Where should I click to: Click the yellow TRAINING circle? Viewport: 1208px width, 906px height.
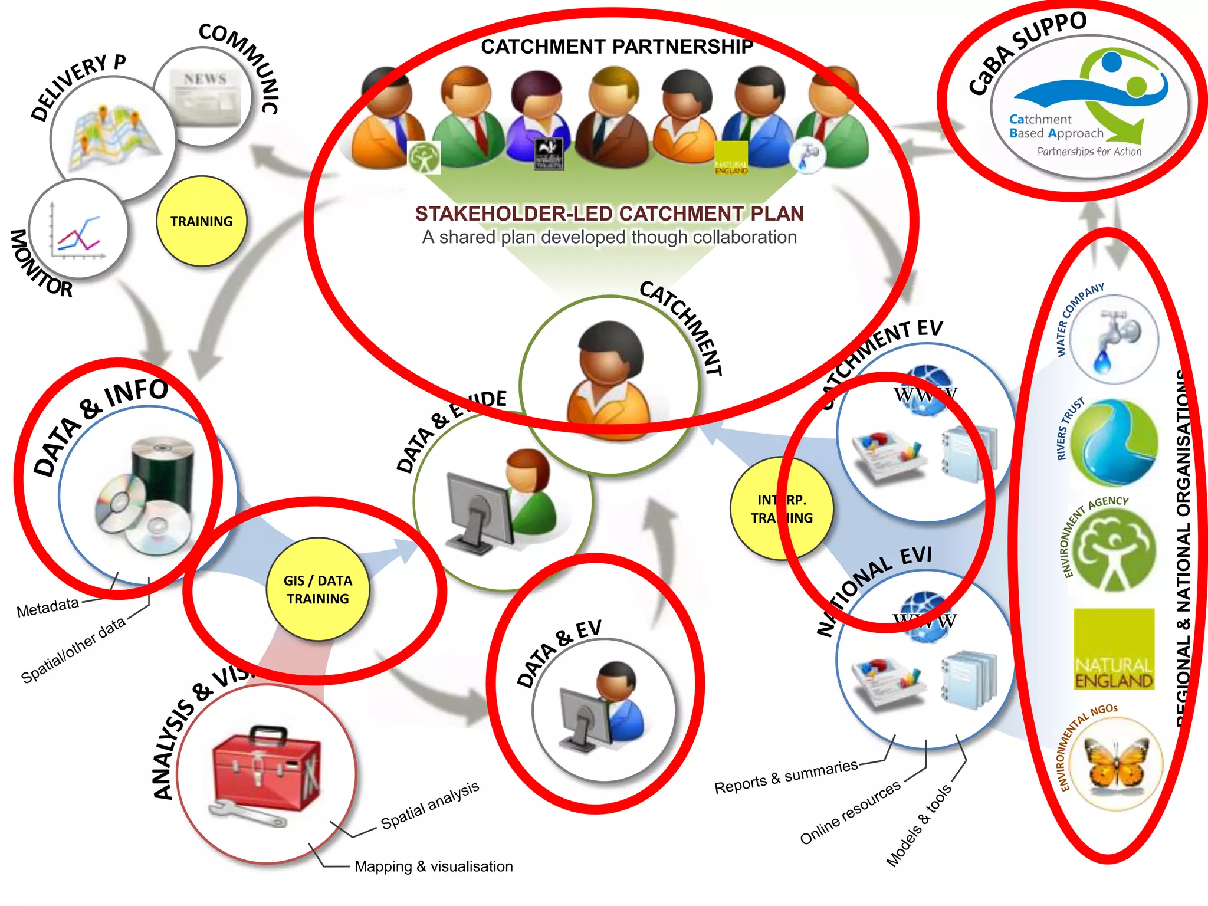tap(201, 221)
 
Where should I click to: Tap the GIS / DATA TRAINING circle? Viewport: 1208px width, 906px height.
tap(318, 589)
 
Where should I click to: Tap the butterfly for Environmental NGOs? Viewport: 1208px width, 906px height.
tap(1114, 764)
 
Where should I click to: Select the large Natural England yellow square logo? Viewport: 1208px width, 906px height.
tap(1114, 649)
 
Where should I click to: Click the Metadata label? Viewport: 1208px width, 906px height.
tap(48, 607)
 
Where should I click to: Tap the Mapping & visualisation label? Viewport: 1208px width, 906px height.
tap(434, 866)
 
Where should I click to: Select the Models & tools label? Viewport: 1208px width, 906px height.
tap(918, 825)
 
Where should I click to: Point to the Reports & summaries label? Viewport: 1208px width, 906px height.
tap(786, 776)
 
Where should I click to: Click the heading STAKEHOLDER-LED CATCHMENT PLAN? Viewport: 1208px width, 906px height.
tap(609, 214)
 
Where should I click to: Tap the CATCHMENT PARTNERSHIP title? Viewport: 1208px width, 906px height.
tap(617, 47)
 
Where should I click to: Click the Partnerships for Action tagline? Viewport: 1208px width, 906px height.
tap(1089, 152)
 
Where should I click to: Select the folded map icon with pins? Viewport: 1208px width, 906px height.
tap(112, 139)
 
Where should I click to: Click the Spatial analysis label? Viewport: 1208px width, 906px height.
tap(429, 805)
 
